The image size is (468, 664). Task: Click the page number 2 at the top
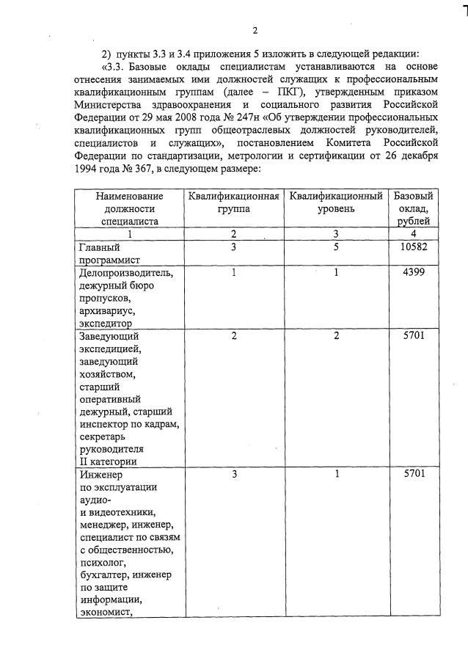pyautogui.click(x=254, y=30)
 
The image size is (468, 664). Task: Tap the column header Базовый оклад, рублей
pyautogui.click(x=414, y=208)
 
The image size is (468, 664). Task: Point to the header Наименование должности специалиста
pyautogui.click(x=129, y=208)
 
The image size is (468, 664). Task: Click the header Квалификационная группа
pyautogui.click(x=233, y=203)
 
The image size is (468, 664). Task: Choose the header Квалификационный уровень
pyautogui.click(x=336, y=203)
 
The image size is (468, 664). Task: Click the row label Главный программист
pyautogui.click(x=110, y=253)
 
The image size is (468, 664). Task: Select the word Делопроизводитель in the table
pyautogui.click(x=126, y=273)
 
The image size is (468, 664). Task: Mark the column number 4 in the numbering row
pyautogui.click(x=414, y=234)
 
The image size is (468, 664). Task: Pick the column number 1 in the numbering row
pyautogui.click(x=129, y=234)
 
